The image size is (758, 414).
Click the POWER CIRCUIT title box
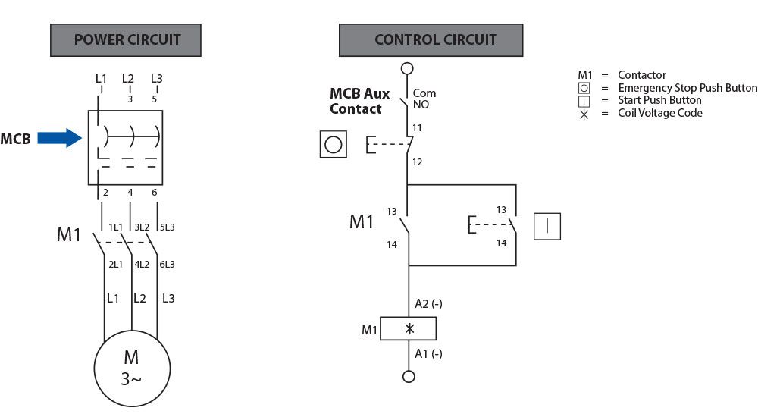(126, 40)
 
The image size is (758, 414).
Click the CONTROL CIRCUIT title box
(431, 40)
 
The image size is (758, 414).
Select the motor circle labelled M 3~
(131, 368)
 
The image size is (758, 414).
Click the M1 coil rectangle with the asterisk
(409, 329)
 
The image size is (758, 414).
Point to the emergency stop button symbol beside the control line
(334, 143)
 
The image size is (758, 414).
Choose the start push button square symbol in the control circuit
(547, 226)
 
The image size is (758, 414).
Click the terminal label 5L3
(167, 227)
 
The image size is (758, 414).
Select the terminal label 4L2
(142, 264)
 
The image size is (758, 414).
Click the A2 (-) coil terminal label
(428, 304)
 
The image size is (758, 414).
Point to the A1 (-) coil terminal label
(428, 353)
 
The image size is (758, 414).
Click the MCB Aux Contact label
(359, 101)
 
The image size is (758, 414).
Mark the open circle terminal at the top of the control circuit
(408, 68)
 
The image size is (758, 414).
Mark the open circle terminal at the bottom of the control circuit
(409, 376)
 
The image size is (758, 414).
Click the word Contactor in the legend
(642, 75)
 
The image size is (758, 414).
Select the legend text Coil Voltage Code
(660, 113)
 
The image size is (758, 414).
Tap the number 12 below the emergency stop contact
(418, 162)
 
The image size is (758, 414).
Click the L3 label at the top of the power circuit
(157, 78)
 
